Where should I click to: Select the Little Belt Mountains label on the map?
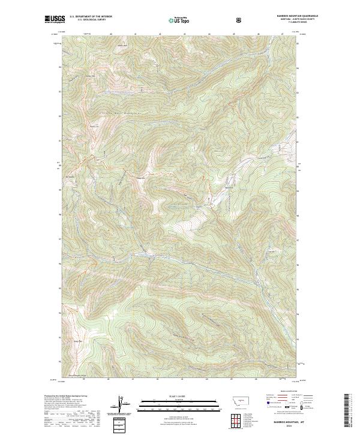[x=115, y=112]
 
